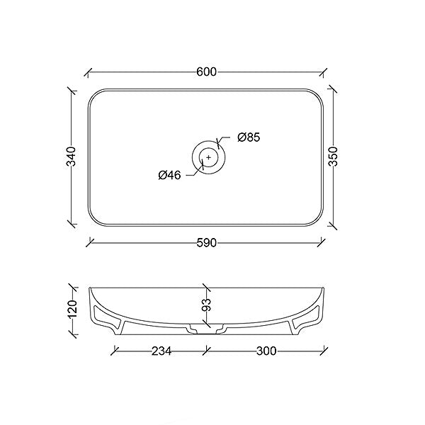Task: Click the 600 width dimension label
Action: tap(207, 72)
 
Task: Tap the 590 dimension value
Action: tap(207, 243)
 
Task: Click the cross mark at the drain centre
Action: tap(208, 157)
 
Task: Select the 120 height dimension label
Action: tap(71, 310)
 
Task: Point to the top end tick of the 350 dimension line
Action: tap(333, 89)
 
